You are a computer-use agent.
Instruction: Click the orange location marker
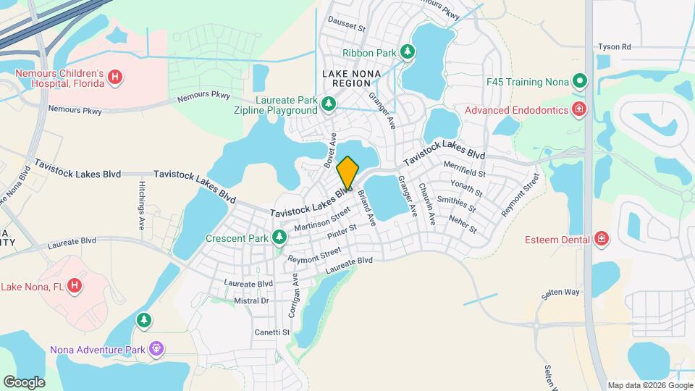[x=347, y=172]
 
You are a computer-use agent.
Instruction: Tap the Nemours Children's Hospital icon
[x=115, y=77]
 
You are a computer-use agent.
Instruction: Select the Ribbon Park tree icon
[x=408, y=52]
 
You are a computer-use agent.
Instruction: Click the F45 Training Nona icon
[x=578, y=80]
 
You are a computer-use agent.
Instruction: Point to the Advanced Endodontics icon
[x=578, y=110]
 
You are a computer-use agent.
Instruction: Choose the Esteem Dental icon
[x=600, y=239]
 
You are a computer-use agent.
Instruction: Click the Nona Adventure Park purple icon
[x=156, y=350]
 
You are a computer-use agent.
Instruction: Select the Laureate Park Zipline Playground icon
[x=329, y=104]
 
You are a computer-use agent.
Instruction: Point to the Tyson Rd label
[x=614, y=47]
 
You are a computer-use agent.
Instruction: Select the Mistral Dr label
[x=251, y=300]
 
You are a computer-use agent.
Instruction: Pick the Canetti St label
[x=271, y=332]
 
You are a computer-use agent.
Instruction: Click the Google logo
[x=24, y=382]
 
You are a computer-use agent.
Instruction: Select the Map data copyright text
[x=649, y=385]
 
